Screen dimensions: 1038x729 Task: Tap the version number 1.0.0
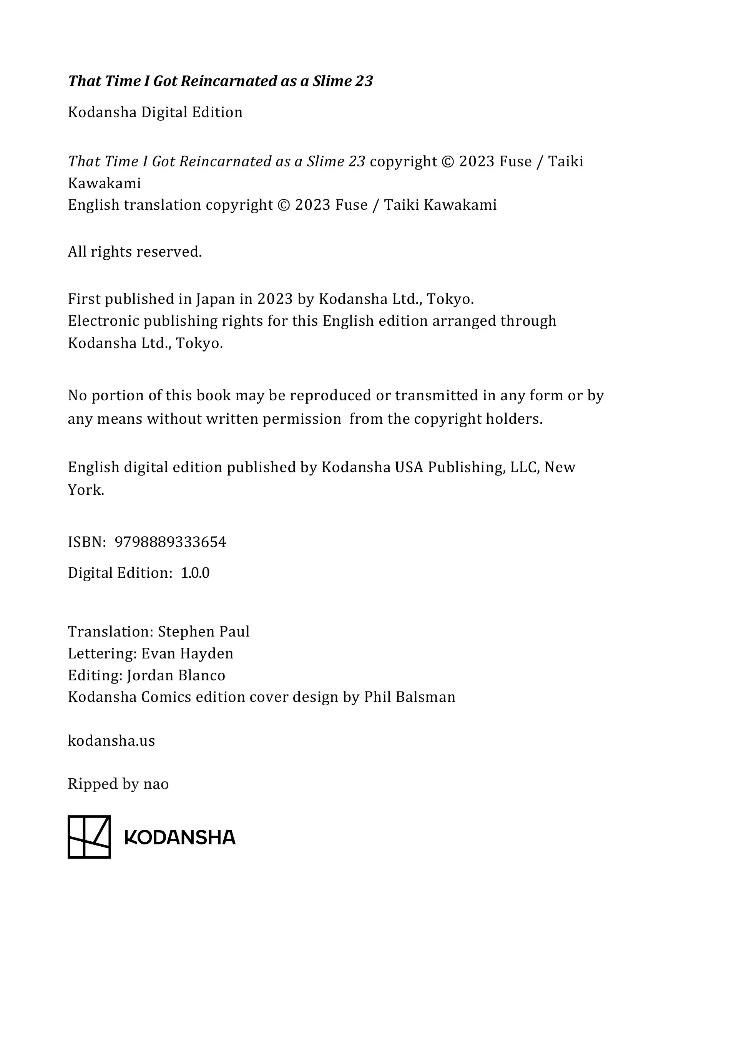195,573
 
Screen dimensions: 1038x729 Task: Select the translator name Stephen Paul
204,631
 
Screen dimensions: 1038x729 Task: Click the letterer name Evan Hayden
187,653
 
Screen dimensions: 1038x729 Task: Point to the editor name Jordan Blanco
176,675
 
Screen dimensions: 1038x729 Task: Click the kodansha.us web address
111,741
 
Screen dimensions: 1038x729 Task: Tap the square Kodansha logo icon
89,837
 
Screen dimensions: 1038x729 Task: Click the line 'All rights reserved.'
135,251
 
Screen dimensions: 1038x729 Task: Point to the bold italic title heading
220,81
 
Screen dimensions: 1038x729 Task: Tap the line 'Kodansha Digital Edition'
155,112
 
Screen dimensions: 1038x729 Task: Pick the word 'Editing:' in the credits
95,675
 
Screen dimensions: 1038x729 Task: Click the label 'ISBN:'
87,542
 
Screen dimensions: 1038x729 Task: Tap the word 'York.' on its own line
86,490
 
